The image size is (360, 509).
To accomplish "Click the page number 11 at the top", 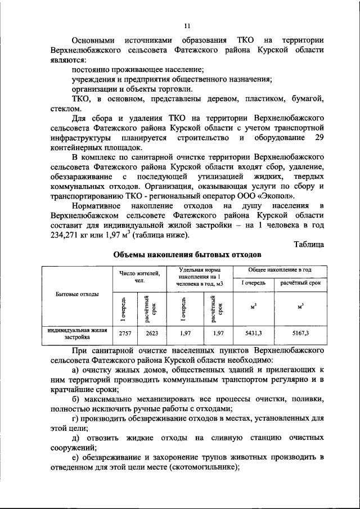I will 187,25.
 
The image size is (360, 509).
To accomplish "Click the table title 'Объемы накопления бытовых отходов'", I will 187,254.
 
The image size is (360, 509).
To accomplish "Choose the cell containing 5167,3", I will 301,334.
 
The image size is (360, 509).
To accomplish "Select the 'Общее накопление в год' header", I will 280,271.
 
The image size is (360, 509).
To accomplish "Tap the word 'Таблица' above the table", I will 309,244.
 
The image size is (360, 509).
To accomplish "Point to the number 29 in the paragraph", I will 318,138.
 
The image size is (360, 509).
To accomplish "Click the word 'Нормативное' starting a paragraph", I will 99,208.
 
